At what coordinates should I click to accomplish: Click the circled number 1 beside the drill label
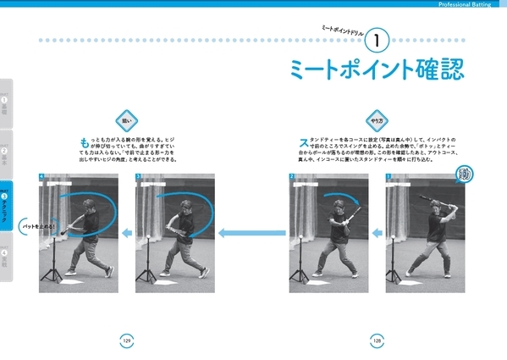(x=380, y=39)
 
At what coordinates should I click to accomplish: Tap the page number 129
(x=126, y=339)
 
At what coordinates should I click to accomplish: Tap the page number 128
(x=377, y=339)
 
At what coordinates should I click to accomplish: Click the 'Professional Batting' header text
(x=470, y=5)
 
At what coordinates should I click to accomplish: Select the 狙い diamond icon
(x=126, y=119)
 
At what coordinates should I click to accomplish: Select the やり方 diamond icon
(x=377, y=119)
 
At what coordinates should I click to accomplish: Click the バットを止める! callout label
(x=39, y=227)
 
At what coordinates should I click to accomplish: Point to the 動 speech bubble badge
(x=463, y=175)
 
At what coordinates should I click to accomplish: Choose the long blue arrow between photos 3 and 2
(x=249, y=233)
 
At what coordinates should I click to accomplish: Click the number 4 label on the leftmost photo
(x=41, y=177)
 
